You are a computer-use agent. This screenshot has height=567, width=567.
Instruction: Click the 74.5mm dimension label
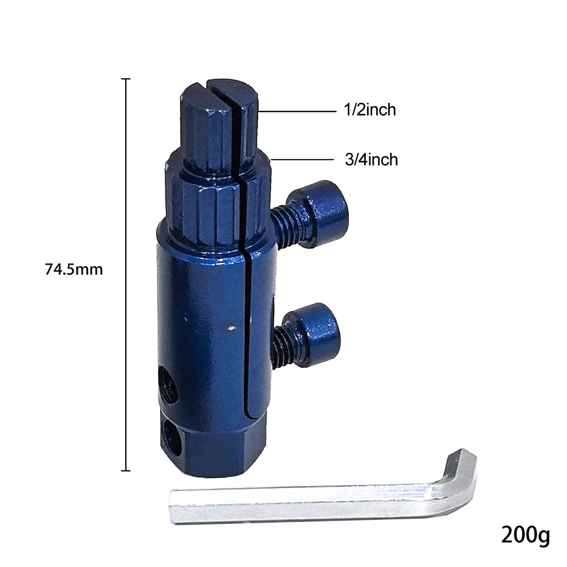74,270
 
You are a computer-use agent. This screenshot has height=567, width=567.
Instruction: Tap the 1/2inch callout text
369,109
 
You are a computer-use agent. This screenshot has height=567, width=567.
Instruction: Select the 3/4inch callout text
372,160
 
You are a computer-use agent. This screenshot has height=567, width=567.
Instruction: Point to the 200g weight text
526,535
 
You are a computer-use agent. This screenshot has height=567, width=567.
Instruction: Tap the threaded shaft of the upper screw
285,224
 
